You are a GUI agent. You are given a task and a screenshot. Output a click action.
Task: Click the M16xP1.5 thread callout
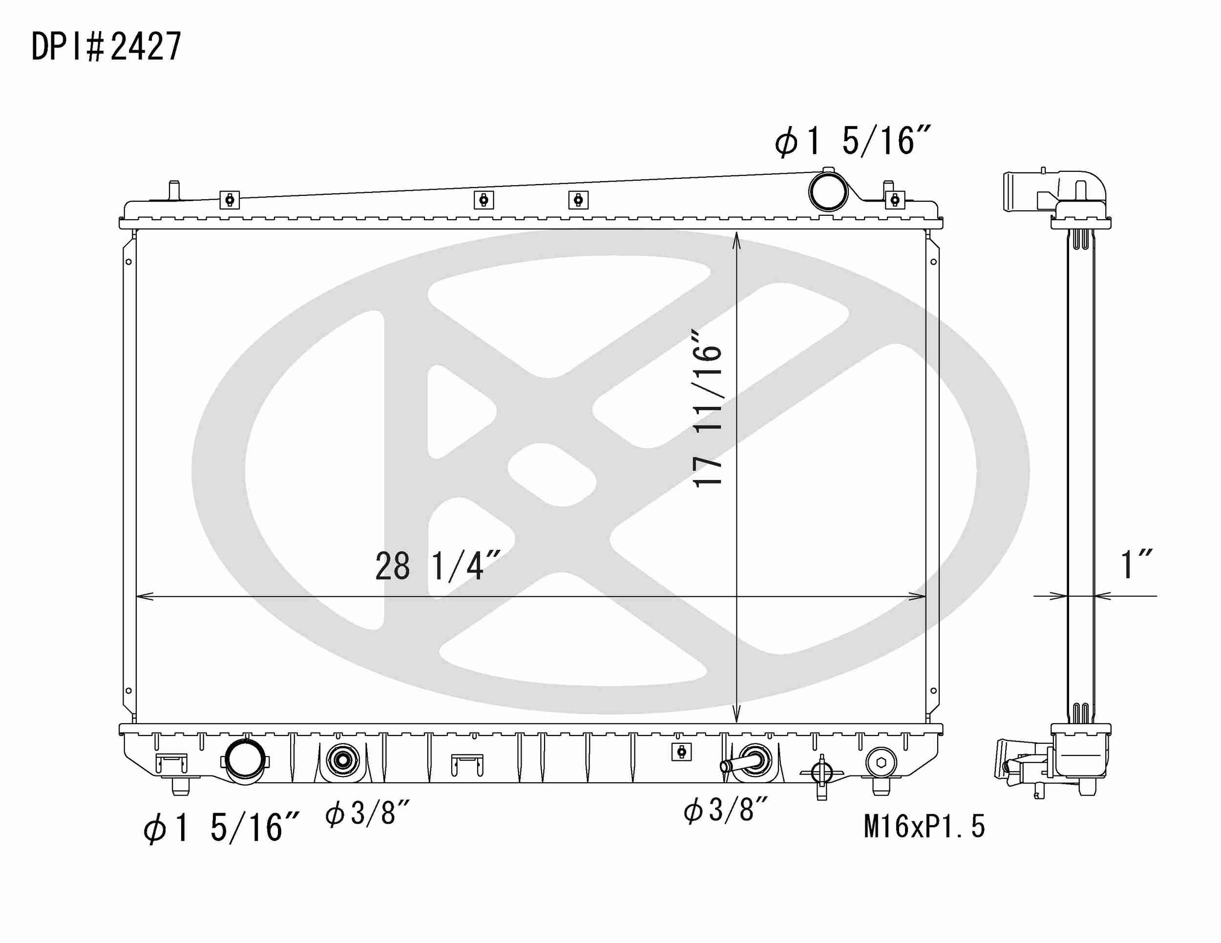point(924,826)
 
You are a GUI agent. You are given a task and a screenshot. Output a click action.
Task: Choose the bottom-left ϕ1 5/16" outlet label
point(221,828)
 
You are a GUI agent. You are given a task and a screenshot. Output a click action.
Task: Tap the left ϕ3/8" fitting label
point(367,813)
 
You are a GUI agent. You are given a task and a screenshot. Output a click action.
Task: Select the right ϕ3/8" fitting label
point(725,810)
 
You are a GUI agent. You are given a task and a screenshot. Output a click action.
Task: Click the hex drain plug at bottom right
point(881,762)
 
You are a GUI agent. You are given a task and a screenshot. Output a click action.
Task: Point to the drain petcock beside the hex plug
point(821,773)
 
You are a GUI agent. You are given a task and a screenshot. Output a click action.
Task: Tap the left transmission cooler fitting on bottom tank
point(342,760)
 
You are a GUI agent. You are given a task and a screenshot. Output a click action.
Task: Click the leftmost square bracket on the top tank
point(229,200)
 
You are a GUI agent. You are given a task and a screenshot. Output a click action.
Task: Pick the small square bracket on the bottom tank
point(680,752)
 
